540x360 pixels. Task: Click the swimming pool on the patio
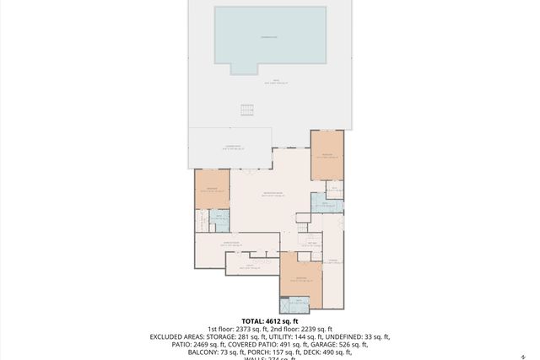[269, 35]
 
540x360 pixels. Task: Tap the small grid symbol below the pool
[246, 110]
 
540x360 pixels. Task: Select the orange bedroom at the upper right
[327, 154]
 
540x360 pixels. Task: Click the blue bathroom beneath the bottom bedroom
[301, 306]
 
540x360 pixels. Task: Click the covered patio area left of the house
[230, 148]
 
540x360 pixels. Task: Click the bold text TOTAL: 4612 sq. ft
[269, 321]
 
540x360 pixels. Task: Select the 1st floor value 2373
[241, 329]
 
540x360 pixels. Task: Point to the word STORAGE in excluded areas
[224, 336]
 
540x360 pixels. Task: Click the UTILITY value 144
[297, 336]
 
